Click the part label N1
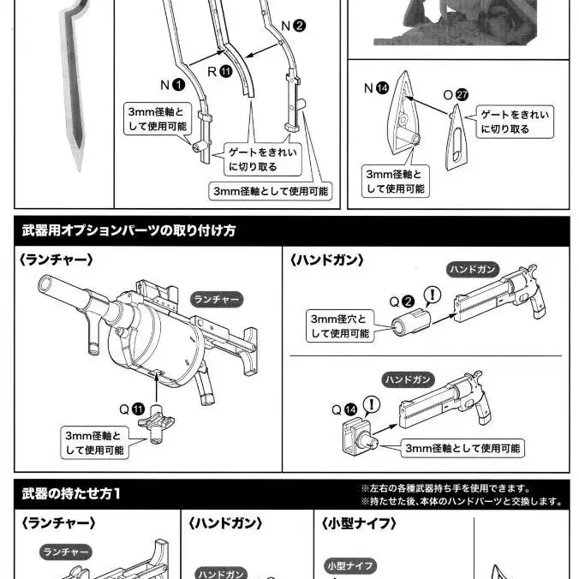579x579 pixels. click(172, 85)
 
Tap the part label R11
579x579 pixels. click(220, 71)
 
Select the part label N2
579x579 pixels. click(293, 26)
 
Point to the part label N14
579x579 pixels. click(376, 88)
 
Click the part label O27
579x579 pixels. click(456, 94)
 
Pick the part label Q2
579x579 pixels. click(402, 301)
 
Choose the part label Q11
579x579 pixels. click(132, 409)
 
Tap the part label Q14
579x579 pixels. click(344, 409)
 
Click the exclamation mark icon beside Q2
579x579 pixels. click(433, 295)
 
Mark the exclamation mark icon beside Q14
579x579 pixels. click(372, 404)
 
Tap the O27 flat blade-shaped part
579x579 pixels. click(457, 139)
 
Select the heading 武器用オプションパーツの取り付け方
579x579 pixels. click(128, 230)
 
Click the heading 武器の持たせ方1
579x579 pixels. click(71, 493)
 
